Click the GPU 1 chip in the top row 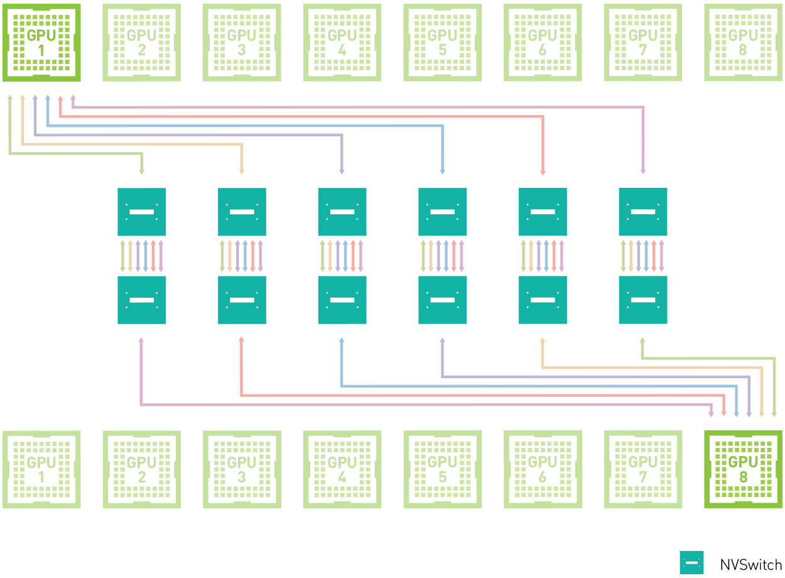pyautogui.click(x=41, y=42)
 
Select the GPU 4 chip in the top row pyautogui.click(x=342, y=42)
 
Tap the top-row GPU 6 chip pyautogui.click(x=543, y=42)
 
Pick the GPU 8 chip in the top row pyautogui.click(x=744, y=42)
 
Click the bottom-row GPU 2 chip pyautogui.click(x=141, y=469)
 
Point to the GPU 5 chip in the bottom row pyautogui.click(x=443, y=469)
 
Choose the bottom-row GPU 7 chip pyautogui.click(x=643, y=469)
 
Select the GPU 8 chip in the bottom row pyautogui.click(x=744, y=469)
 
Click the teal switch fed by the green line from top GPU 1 pyautogui.click(x=142, y=212)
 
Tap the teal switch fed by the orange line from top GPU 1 pyautogui.click(x=242, y=212)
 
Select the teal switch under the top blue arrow pyautogui.click(x=443, y=212)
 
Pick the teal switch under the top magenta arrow pyautogui.click(x=643, y=212)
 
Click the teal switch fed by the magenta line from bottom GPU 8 pyautogui.click(x=142, y=300)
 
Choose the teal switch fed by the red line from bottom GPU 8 pyautogui.click(x=242, y=300)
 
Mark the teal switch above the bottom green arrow pyautogui.click(x=643, y=300)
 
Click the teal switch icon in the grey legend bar pyautogui.click(x=691, y=562)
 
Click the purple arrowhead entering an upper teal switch pyautogui.click(x=342, y=172)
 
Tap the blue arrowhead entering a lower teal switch pyautogui.click(x=342, y=341)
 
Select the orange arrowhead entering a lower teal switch pyautogui.click(x=543, y=341)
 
